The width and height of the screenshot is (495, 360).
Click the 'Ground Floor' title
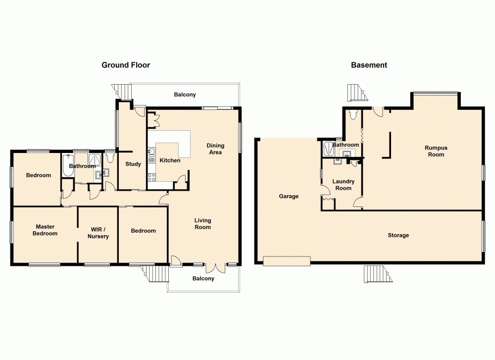coord(126,65)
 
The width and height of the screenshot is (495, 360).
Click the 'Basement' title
coord(369,65)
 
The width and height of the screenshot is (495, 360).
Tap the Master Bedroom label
coord(45,230)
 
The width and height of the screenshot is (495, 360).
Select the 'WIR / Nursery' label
coord(98,233)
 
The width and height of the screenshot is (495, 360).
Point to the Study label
coord(133,164)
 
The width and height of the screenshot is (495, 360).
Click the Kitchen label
coord(170,160)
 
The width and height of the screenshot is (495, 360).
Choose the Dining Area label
coord(215,149)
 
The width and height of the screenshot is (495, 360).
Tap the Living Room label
coord(202,224)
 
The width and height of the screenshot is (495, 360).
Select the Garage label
coord(289,196)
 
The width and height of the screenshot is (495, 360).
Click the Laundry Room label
coord(343,185)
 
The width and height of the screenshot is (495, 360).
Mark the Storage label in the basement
coord(398,235)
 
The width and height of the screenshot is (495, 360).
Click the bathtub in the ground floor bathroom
coord(65,166)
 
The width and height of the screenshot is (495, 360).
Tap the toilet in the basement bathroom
coord(352,115)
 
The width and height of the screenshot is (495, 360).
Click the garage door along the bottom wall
coord(287,260)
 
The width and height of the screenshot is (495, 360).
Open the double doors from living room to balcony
coord(216,267)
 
